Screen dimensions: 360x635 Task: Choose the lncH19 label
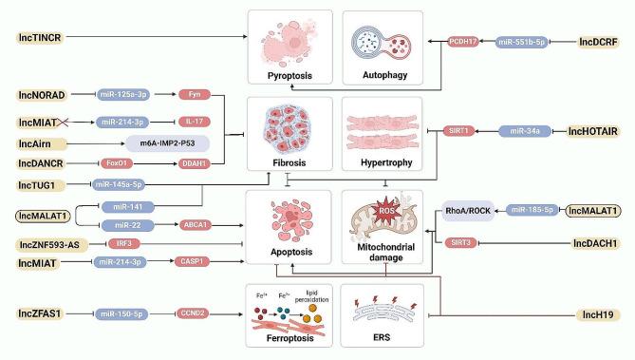[605, 313]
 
